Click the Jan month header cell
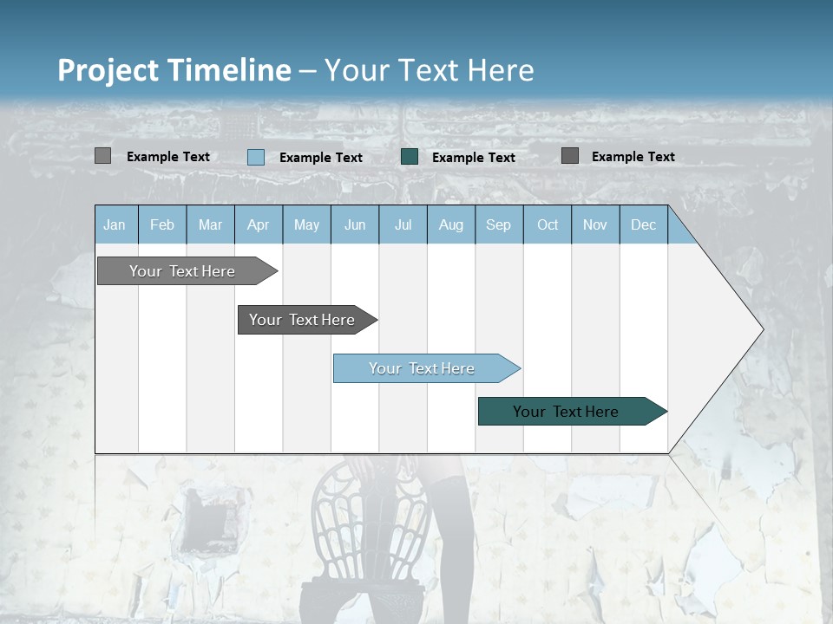click(x=115, y=225)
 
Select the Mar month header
click(x=210, y=225)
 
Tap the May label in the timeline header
click(x=306, y=225)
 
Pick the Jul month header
click(x=403, y=225)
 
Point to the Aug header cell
click(x=451, y=225)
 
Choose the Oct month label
click(x=548, y=225)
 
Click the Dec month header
click(x=643, y=225)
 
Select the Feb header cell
click(x=162, y=225)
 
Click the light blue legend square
click(x=256, y=157)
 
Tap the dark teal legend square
click(x=410, y=157)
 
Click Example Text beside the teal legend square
click(x=474, y=158)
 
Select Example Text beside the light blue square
click(x=321, y=158)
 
